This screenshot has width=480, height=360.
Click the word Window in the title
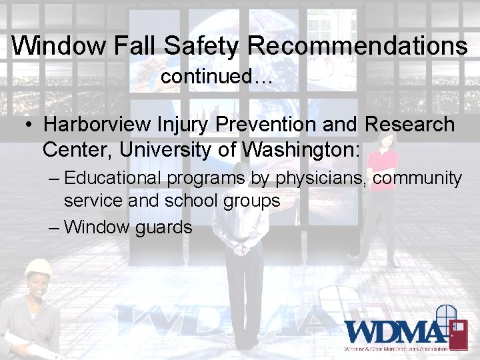59,45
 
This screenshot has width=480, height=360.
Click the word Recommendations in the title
358,45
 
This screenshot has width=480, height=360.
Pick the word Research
409,125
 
